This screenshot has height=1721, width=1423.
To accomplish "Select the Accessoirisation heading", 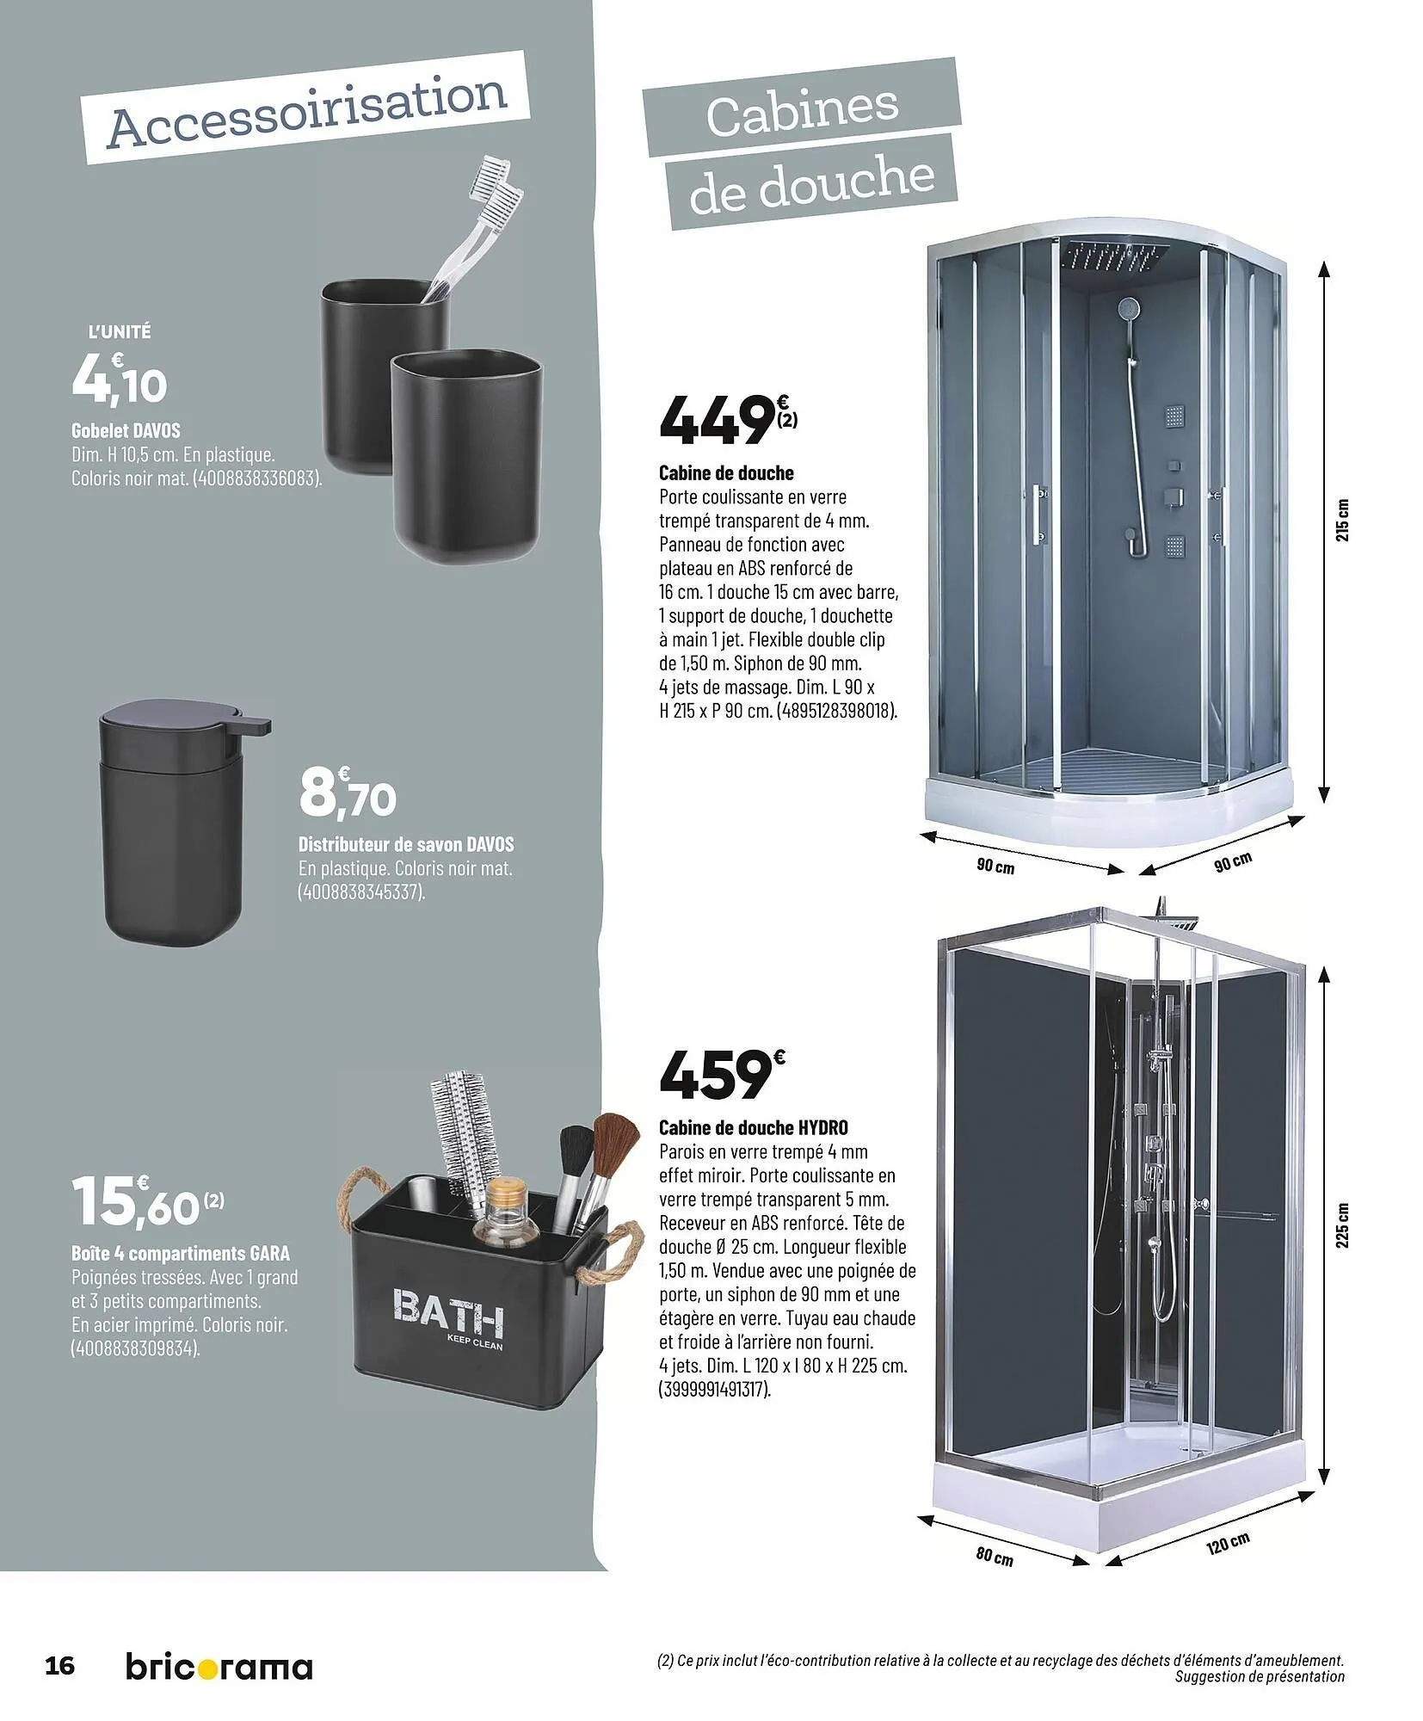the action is point(308,109).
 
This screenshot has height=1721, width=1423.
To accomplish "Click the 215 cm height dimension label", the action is point(1346,521).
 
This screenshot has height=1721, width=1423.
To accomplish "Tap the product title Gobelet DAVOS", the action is point(126,429).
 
